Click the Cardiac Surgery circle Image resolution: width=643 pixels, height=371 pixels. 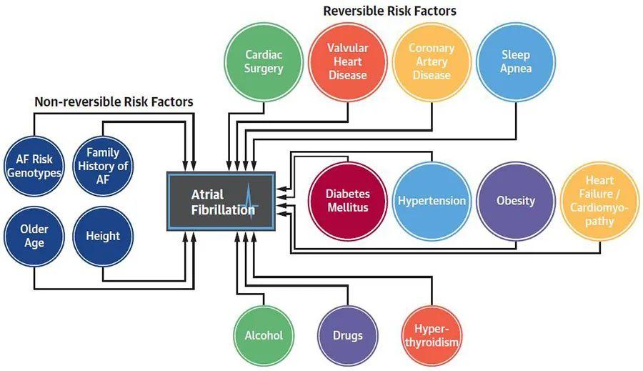[x=264, y=62]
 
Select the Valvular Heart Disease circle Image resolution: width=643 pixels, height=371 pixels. [x=348, y=62]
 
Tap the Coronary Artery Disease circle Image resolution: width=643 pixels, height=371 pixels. [x=432, y=62]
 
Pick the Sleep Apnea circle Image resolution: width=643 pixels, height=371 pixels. [x=516, y=62]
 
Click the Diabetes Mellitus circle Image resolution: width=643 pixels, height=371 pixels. [x=348, y=201]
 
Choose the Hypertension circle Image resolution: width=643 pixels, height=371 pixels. [x=432, y=201]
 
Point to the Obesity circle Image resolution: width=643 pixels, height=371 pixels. [x=516, y=201]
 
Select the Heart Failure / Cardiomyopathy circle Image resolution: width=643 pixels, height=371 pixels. [x=600, y=201]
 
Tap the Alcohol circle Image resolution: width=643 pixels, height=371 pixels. [x=264, y=336]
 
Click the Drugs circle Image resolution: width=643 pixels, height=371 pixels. [x=348, y=336]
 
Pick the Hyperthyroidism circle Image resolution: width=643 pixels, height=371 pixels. [x=432, y=336]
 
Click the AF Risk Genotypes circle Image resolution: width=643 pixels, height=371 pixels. [x=34, y=167]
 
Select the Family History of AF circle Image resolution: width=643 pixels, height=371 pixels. [x=103, y=167]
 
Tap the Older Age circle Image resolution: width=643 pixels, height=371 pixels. [x=34, y=236]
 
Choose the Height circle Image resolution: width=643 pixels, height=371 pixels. [x=103, y=236]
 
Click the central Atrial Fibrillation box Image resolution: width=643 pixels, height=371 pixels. [x=221, y=201]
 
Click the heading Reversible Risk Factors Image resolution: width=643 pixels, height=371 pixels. [x=389, y=11]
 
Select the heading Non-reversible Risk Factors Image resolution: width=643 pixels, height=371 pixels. [x=114, y=102]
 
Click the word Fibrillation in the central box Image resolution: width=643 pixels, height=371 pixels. [x=223, y=209]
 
